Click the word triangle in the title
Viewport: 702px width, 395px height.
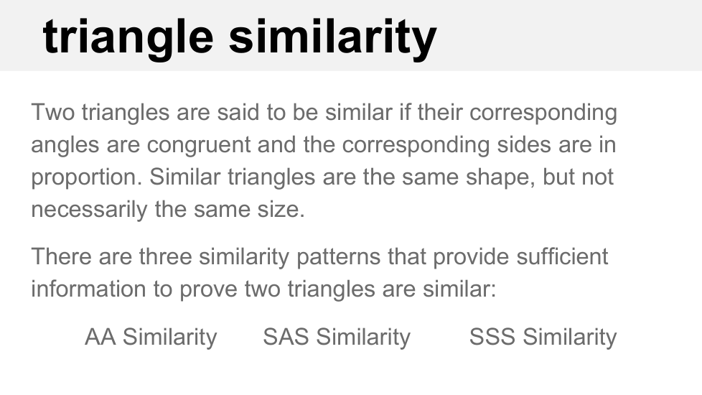[x=128, y=39]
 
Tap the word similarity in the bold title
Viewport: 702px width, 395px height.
[x=332, y=39]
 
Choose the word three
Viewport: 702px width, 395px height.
[x=165, y=257]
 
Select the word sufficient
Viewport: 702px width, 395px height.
[x=562, y=256]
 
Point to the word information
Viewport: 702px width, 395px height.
[x=88, y=289]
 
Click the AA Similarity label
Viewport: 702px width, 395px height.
[x=151, y=338]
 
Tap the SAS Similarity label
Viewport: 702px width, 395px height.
[x=337, y=338]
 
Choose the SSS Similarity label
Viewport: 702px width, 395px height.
[x=543, y=338]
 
